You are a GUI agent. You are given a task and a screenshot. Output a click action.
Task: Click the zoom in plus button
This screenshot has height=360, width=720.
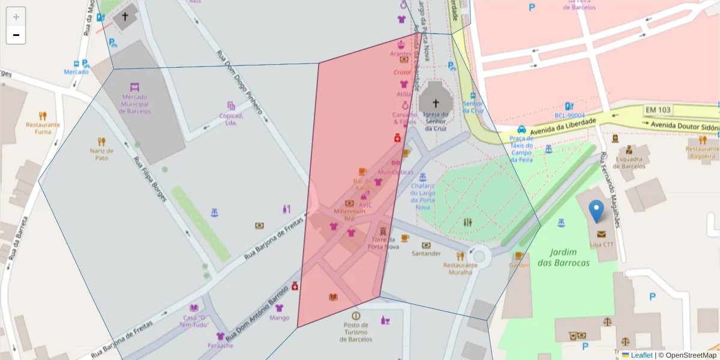tap(16, 16)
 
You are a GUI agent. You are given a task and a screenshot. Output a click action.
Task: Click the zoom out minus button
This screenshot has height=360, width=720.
tap(16, 35)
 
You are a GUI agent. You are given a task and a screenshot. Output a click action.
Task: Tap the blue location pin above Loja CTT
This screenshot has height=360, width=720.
tap(596, 211)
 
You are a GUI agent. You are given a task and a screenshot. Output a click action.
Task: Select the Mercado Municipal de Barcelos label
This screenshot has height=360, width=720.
tap(136, 104)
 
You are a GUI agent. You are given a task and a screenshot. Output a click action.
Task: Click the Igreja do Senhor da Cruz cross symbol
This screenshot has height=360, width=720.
tap(436, 103)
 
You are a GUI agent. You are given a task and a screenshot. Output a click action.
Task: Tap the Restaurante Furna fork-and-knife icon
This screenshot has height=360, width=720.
tap(43, 116)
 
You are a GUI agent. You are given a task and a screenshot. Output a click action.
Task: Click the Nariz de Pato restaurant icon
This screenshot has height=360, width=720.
tap(101, 142)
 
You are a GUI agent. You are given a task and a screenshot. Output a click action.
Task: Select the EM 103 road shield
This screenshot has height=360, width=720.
tap(658, 110)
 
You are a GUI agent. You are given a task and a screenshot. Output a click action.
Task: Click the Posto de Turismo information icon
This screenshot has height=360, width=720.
tap(356, 316)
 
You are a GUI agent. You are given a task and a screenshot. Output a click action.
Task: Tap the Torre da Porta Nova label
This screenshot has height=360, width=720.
tap(383, 243)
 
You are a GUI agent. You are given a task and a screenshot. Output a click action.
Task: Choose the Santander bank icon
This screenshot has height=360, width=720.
tap(426, 245)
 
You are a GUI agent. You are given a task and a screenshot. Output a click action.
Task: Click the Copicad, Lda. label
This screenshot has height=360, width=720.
tap(231, 119)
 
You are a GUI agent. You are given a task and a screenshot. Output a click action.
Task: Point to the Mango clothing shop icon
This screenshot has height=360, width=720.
tap(279, 308)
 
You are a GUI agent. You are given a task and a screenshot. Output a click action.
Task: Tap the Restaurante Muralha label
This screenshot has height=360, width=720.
tap(461, 268)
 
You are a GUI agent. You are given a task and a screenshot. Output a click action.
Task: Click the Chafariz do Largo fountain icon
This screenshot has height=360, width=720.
tap(422, 177)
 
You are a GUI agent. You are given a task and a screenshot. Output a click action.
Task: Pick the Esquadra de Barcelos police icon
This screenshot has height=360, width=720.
tap(628, 149)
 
